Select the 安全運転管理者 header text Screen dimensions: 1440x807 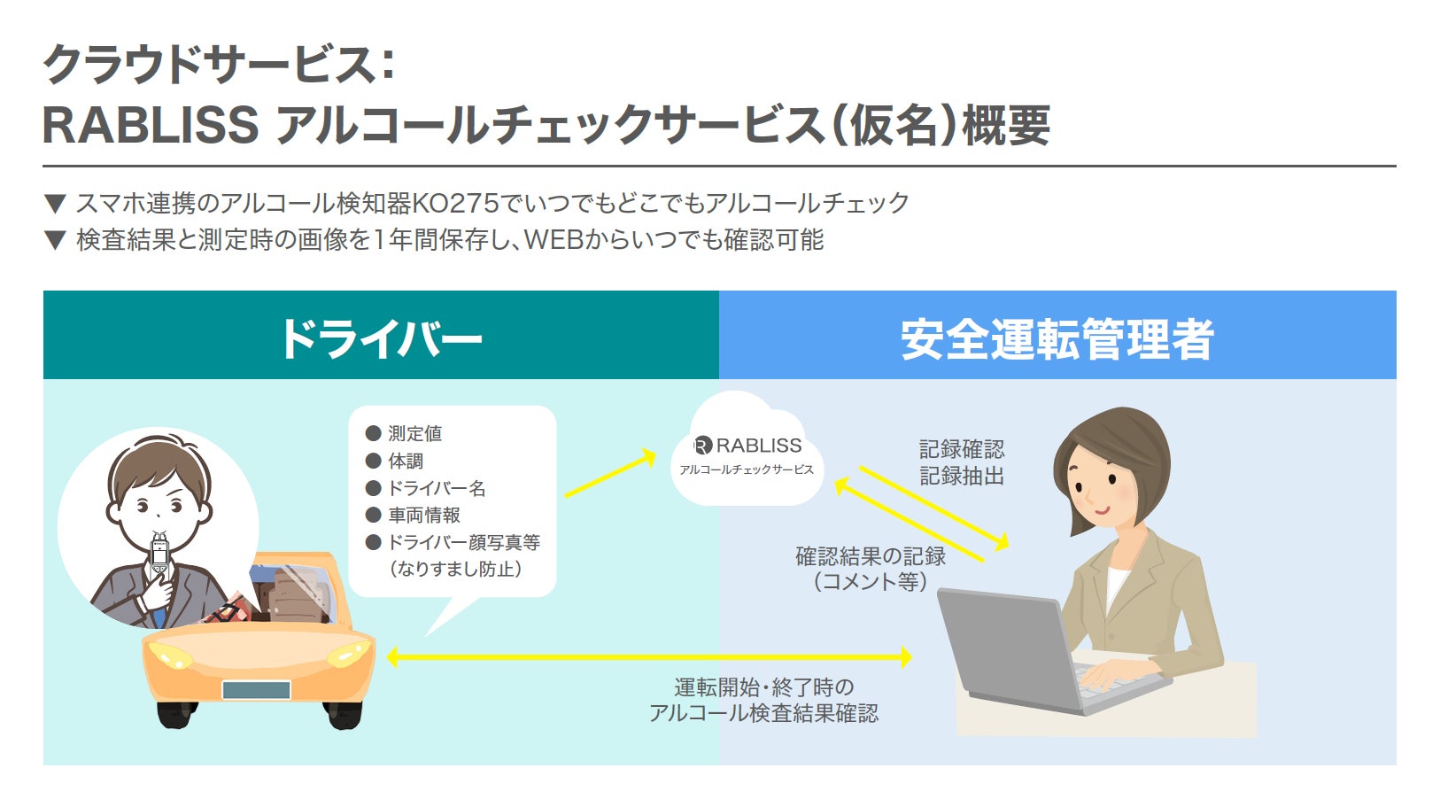click(1057, 339)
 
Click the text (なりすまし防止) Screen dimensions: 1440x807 click(456, 569)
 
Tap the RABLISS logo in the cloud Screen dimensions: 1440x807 click(747, 445)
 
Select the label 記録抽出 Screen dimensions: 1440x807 click(961, 476)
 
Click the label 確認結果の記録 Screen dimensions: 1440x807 click(871, 556)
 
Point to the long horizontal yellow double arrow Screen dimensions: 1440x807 click(648, 657)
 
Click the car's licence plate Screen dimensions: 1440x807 click(256, 690)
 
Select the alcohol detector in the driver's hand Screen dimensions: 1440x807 click(159, 555)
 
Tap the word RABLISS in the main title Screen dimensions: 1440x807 click(151, 125)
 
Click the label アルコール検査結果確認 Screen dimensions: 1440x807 click(763, 713)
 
